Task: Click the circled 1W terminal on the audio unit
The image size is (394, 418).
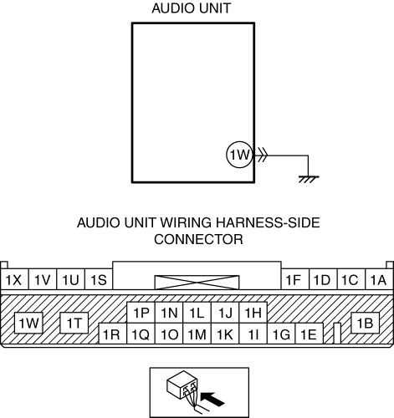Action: coord(239,155)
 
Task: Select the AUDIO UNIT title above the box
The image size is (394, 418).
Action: coord(192,8)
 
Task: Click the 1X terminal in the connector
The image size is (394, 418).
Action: coord(14,279)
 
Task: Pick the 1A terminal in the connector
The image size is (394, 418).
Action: coord(379,279)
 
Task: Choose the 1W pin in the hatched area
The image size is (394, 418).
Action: coord(28,323)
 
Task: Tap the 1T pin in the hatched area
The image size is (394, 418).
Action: coord(74,323)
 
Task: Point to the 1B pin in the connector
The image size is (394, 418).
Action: coord(365,323)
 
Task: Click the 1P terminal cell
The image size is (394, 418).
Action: coord(141,313)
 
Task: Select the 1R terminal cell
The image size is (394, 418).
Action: coord(113,334)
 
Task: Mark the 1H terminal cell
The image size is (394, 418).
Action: coord(253,313)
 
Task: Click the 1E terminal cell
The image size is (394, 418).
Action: coord(310,334)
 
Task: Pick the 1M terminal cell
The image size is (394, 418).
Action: coord(197,334)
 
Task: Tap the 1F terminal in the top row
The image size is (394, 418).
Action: coord(295,279)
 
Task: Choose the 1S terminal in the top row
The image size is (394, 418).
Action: coord(99,279)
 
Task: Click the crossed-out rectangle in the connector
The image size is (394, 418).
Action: coord(197,283)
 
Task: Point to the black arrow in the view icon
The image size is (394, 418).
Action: coord(212,399)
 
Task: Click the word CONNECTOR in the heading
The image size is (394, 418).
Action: coord(198,239)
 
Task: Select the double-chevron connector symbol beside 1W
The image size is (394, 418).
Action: coord(263,155)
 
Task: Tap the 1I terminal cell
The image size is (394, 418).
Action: coord(253,334)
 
